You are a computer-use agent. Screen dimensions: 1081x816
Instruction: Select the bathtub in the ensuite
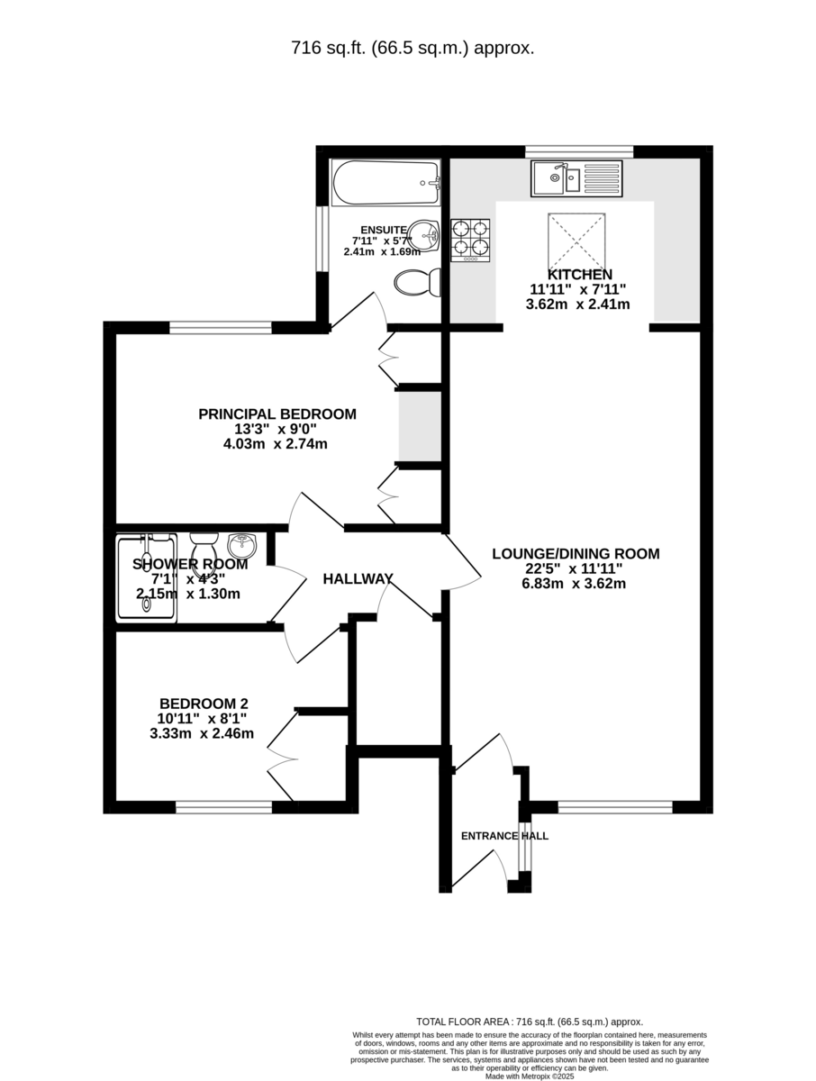click(x=385, y=184)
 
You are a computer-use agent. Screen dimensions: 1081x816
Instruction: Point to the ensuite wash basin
click(x=425, y=237)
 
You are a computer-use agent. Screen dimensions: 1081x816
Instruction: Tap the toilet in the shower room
click(x=204, y=548)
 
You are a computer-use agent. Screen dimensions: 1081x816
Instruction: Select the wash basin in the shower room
click(x=242, y=546)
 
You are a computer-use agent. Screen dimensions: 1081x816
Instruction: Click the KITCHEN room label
click(x=579, y=275)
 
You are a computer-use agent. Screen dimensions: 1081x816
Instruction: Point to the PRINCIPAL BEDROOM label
click(x=277, y=414)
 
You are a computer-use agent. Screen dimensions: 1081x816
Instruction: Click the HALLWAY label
click(x=358, y=579)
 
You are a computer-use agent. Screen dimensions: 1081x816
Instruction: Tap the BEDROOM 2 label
click(x=204, y=704)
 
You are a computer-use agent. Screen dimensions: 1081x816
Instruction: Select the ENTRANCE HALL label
click(x=504, y=836)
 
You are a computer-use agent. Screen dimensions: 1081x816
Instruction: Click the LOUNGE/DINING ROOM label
click(x=576, y=554)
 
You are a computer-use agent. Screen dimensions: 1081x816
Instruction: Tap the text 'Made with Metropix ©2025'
click(x=529, y=1076)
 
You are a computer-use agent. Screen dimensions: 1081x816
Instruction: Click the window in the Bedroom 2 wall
click(x=223, y=807)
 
